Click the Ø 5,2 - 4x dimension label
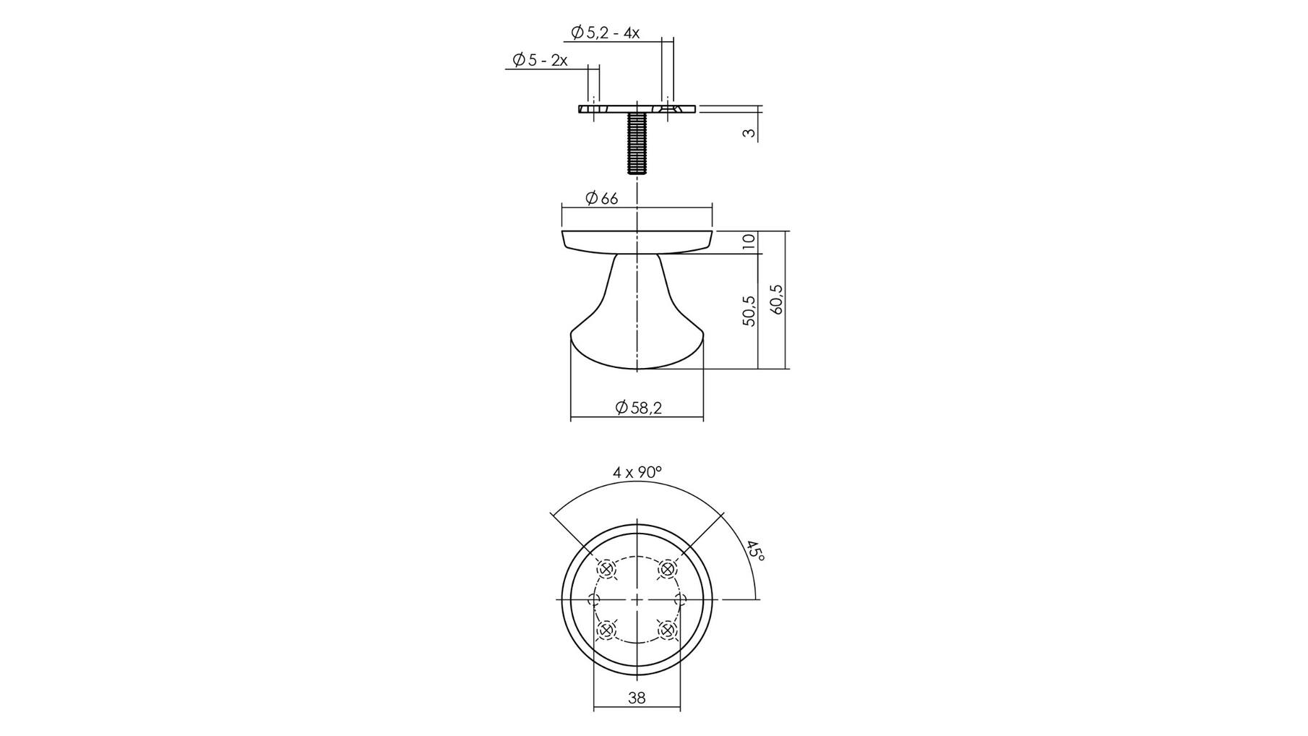[x=605, y=33]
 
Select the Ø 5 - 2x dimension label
[x=540, y=60]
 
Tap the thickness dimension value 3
[x=749, y=133]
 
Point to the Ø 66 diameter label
[x=601, y=198]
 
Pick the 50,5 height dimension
[x=749, y=311]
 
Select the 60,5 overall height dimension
[x=777, y=299]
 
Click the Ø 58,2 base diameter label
[x=638, y=408]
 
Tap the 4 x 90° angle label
[x=637, y=472]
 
